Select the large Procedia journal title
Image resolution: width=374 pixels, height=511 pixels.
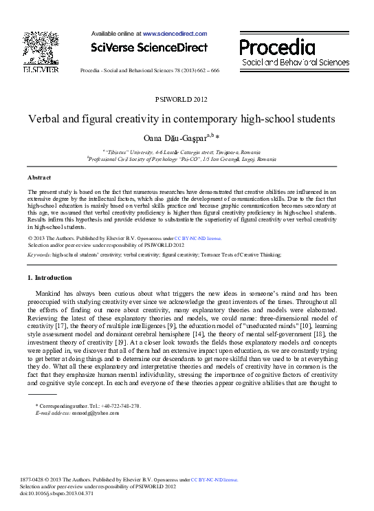[277, 47]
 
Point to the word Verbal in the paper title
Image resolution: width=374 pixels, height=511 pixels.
[45, 119]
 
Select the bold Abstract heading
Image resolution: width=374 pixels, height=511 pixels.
[39, 177]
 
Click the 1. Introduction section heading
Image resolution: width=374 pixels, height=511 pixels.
[49, 277]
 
